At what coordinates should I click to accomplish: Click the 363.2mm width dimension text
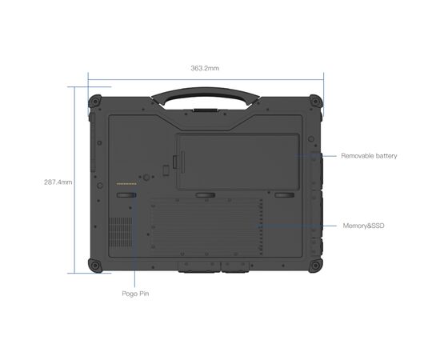(205, 69)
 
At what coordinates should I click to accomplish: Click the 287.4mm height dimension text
(58, 182)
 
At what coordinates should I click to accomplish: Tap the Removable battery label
(369, 155)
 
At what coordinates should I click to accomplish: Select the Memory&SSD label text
(365, 226)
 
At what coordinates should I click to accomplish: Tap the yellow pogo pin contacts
(126, 183)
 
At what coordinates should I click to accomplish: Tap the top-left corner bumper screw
(97, 102)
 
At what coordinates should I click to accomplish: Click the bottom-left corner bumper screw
(97, 265)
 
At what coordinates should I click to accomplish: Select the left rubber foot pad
(127, 194)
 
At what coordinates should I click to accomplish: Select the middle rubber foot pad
(206, 194)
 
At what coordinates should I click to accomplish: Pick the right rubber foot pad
(284, 194)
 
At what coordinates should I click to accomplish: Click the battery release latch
(165, 169)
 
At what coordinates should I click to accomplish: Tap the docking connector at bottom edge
(206, 265)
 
